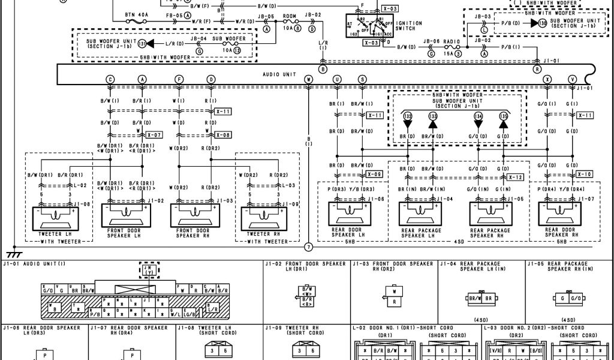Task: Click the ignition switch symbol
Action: (371, 28)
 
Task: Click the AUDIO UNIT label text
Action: (279, 74)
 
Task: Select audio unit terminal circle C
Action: (110, 79)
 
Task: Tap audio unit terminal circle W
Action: (308, 79)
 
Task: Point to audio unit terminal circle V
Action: (573, 79)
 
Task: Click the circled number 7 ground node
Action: (309, 247)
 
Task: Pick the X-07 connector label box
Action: (154, 135)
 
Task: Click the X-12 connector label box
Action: (515, 177)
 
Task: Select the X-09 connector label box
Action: (374, 174)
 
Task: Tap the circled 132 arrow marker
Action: (408, 116)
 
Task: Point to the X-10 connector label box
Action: (585, 174)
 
